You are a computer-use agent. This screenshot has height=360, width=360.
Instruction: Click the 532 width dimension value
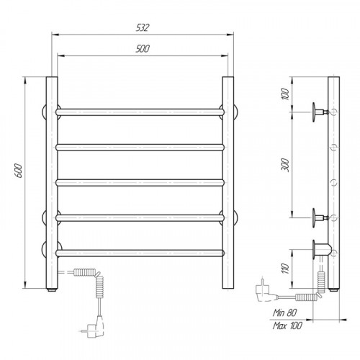[x=143, y=27]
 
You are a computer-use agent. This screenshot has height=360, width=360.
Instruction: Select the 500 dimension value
[x=143, y=49]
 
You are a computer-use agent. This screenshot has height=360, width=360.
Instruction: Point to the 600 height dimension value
[x=19, y=171]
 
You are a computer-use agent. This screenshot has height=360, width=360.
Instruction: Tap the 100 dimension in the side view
[x=285, y=94]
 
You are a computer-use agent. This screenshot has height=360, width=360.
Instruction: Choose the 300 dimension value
[x=285, y=165]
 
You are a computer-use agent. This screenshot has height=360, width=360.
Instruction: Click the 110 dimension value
[x=285, y=269]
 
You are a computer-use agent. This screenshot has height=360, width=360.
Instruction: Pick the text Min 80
[x=284, y=312]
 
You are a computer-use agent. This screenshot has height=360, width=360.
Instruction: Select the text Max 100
[x=287, y=325]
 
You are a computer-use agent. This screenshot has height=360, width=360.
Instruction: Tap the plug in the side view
[x=265, y=291]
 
